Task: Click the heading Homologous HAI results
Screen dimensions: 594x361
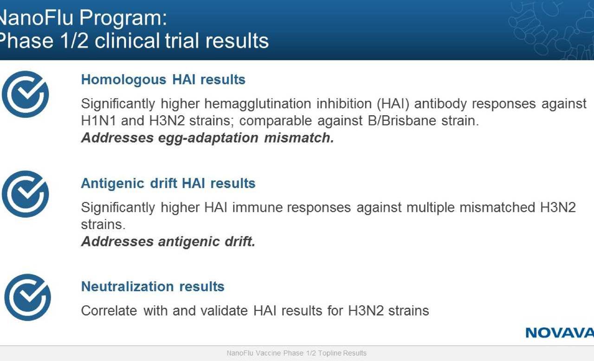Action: (163, 79)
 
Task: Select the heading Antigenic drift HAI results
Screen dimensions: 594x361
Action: (168, 183)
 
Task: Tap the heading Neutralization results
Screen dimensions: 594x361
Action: (153, 287)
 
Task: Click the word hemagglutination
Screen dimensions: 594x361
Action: (258, 104)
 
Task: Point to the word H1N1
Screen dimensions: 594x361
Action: (99, 121)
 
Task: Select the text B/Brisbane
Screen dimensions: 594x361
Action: (402, 121)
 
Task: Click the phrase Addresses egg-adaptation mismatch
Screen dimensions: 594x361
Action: (207, 138)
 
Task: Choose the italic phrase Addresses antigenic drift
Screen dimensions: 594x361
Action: (168, 242)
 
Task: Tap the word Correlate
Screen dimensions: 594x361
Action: (109, 311)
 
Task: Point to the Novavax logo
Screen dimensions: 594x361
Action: (560, 333)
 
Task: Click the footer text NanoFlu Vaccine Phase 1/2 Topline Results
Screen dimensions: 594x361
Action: (297, 353)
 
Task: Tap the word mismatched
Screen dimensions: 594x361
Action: (497, 207)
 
